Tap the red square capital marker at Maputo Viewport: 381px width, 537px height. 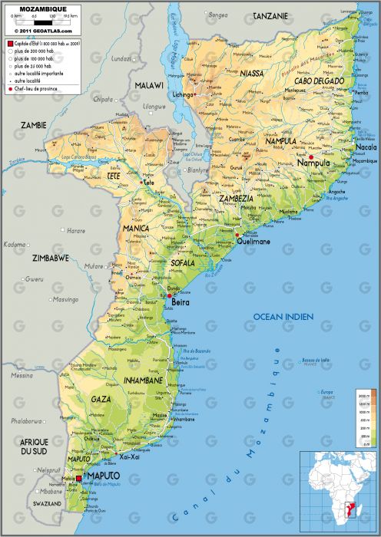[x=78, y=478]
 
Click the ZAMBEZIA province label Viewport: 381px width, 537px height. [x=236, y=198]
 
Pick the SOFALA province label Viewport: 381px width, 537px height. [x=182, y=262]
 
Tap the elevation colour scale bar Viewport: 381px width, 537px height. [x=364, y=417]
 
